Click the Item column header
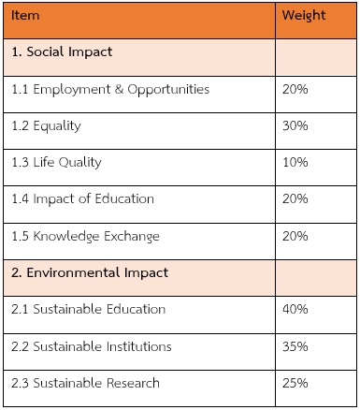(x=25, y=15)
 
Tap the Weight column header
(x=304, y=16)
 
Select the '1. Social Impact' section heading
(x=62, y=51)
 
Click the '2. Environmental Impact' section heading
(x=90, y=272)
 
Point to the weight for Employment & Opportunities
(x=295, y=89)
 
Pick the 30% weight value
(x=295, y=125)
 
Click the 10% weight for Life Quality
(x=295, y=162)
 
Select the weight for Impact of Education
(x=295, y=198)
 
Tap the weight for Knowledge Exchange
(x=295, y=236)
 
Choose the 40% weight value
(x=295, y=309)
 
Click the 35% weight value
(x=295, y=346)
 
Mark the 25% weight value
(x=295, y=383)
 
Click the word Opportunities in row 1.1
(x=168, y=90)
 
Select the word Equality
(x=57, y=126)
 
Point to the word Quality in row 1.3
(x=80, y=163)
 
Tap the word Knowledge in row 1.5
(x=66, y=237)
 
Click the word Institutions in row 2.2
(x=139, y=346)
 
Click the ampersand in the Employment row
(x=119, y=89)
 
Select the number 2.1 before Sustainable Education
(x=20, y=309)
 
